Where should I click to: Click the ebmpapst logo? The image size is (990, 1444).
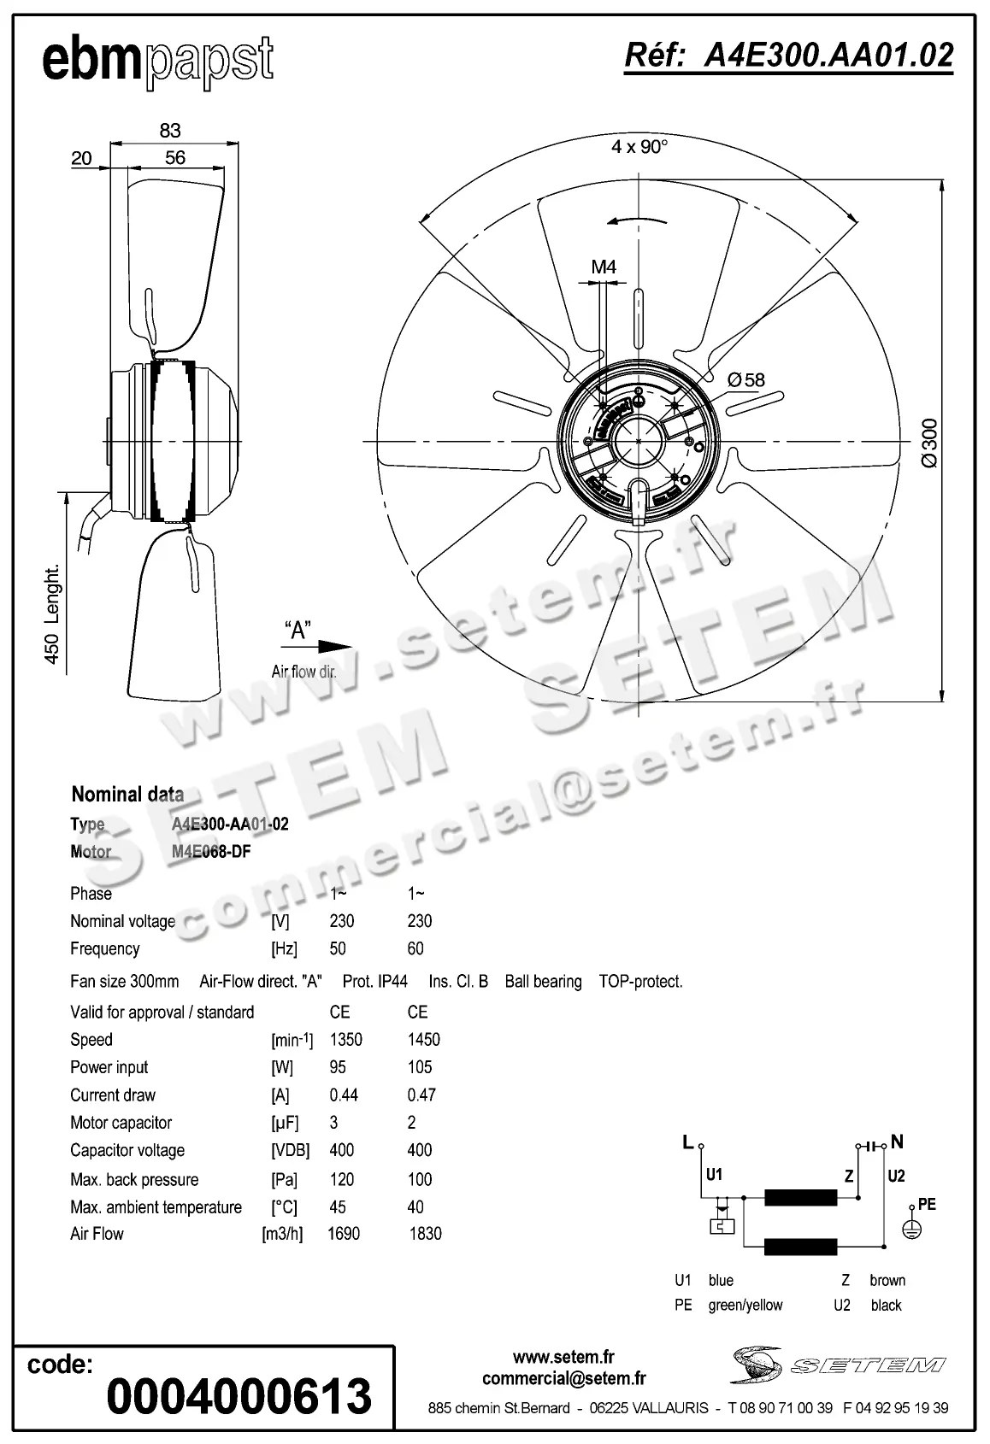click(158, 62)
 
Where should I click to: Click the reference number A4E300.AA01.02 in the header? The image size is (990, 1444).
click(788, 56)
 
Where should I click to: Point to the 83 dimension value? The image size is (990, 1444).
click(170, 130)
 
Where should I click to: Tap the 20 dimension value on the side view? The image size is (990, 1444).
click(81, 158)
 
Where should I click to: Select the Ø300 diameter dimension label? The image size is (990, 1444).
click(929, 443)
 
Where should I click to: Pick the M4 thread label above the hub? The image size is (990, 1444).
click(604, 267)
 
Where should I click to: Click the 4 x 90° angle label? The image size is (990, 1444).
click(639, 147)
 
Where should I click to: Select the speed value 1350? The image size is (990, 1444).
click(345, 1040)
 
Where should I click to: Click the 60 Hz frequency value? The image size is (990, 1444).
click(415, 948)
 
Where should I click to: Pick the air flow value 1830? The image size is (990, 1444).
click(425, 1234)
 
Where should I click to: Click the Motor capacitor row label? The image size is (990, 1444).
click(121, 1123)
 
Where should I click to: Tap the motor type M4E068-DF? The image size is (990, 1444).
click(210, 852)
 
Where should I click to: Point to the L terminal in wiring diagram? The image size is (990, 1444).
click(689, 1142)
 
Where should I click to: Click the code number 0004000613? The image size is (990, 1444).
click(239, 1396)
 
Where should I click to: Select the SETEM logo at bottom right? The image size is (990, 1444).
click(838, 1364)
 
